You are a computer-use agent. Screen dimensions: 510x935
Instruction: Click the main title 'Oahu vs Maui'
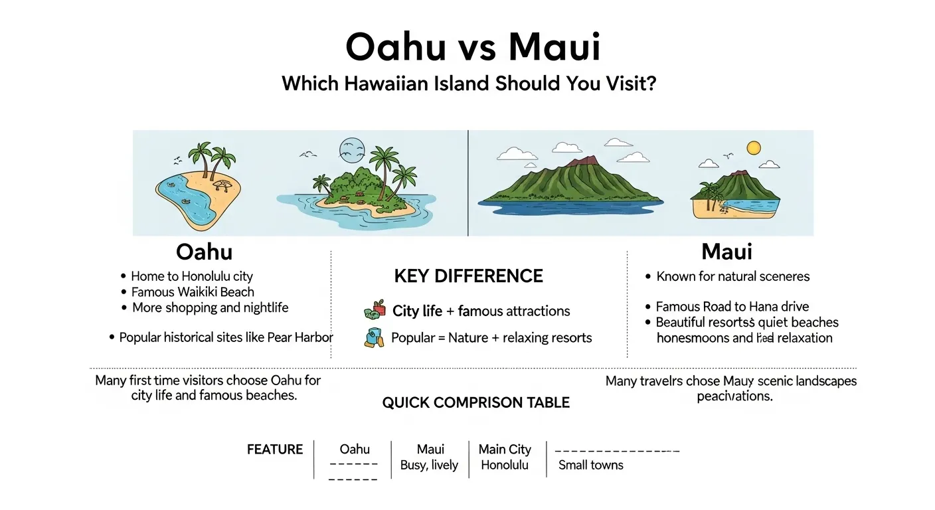(473, 48)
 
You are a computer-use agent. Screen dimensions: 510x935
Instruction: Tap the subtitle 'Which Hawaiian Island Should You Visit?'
(469, 84)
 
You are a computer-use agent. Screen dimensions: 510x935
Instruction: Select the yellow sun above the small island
(753, 148)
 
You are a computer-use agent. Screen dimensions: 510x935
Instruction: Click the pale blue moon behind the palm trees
(351, 150)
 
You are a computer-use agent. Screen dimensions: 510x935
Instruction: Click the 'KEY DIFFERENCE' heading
(468, 276)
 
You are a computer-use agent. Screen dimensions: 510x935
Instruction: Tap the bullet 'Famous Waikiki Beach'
(193, 292)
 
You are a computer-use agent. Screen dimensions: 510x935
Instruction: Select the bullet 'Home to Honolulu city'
(191, 276)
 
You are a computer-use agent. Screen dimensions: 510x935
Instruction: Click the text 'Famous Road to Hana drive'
(732, 306)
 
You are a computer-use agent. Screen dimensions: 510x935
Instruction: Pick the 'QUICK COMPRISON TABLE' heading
(475, 402)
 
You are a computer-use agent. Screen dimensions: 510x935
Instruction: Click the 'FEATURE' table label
(275, 450)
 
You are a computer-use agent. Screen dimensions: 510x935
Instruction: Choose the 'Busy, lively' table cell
(429, 465)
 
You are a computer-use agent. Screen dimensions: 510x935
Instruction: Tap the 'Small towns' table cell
(590, 465)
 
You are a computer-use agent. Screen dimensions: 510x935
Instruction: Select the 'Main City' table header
(505, 450)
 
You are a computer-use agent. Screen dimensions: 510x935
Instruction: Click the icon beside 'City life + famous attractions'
(375, 309)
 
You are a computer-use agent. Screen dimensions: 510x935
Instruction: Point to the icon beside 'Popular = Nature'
(374, 337)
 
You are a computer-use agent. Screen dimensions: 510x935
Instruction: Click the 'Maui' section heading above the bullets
(726, 252)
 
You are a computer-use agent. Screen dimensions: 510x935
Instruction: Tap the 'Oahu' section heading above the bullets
(204, 252)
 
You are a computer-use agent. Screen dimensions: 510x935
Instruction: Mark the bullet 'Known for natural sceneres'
(732, 276)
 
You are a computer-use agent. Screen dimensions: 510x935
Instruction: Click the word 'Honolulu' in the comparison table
(505, 465)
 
